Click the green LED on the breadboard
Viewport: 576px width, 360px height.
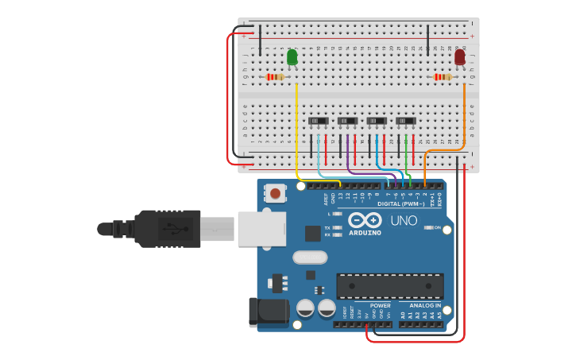(292, 56)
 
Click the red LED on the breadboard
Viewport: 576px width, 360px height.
(460, 56)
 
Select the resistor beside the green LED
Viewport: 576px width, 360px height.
(275, 77)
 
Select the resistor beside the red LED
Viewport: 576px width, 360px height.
(442, 77)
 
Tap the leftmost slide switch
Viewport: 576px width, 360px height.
(318, 121)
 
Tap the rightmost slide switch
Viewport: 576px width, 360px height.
(405, 121)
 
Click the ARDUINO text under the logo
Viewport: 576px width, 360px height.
(365, 233)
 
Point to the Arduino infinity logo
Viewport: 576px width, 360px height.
(365, 220)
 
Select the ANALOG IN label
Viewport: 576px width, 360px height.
(425, 305)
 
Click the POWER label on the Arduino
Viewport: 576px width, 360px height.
(380, 305)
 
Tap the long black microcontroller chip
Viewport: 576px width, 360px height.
(390, 285)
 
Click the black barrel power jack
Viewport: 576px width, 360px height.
(268, 312)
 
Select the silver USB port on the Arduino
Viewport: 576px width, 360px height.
(261, 229)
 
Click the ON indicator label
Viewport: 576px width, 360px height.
(438, 228)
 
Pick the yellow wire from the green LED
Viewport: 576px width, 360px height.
(296, 127)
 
